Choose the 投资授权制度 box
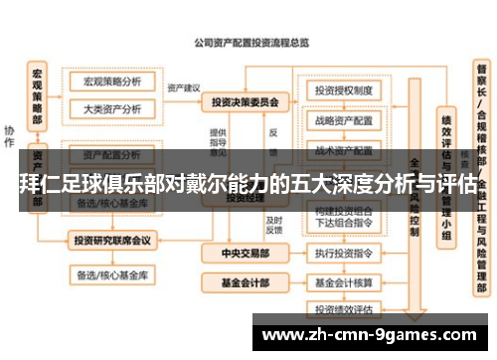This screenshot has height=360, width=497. (343, 89)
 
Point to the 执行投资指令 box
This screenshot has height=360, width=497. (343, 256)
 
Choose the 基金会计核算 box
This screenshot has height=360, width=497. (343, 282)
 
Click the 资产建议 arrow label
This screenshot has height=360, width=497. (184, 88)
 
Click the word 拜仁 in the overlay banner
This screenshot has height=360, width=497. (38, 185)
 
